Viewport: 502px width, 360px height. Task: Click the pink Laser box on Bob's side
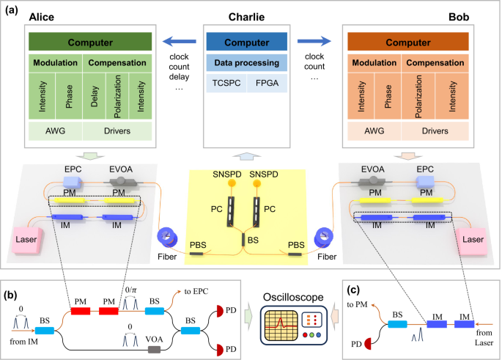(x=472, y=238)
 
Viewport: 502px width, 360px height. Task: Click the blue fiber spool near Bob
(x=322, y=238)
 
